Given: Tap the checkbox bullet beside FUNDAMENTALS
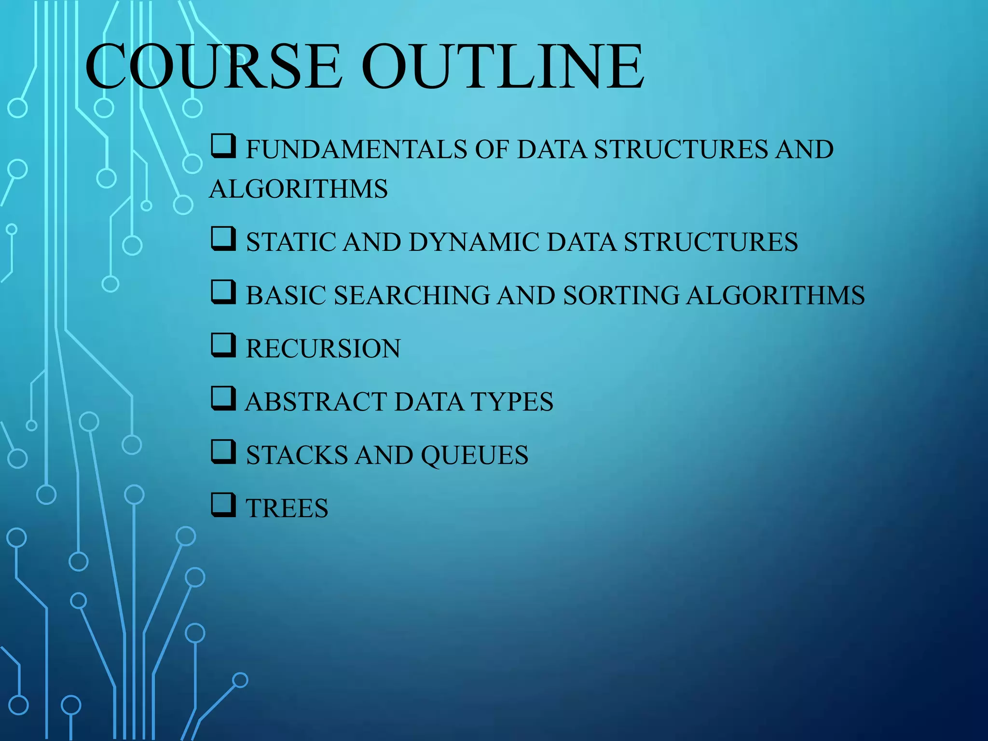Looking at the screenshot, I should pos(223,146).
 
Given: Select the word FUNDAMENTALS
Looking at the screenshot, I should pos(357,149).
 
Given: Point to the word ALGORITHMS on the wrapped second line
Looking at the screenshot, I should pos(299,189).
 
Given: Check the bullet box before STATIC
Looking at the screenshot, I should pos(223,239).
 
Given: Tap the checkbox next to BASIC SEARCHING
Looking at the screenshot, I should pos(223,292).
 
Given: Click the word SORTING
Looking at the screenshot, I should pos(621,295).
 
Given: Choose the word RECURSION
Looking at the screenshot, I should pos(323,348).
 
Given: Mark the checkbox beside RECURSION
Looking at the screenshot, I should pos(223,345).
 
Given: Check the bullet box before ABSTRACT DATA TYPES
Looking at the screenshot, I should pos(223,398).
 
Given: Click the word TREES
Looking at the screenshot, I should pos(287,508).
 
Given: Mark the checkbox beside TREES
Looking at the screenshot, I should pos(223,505).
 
